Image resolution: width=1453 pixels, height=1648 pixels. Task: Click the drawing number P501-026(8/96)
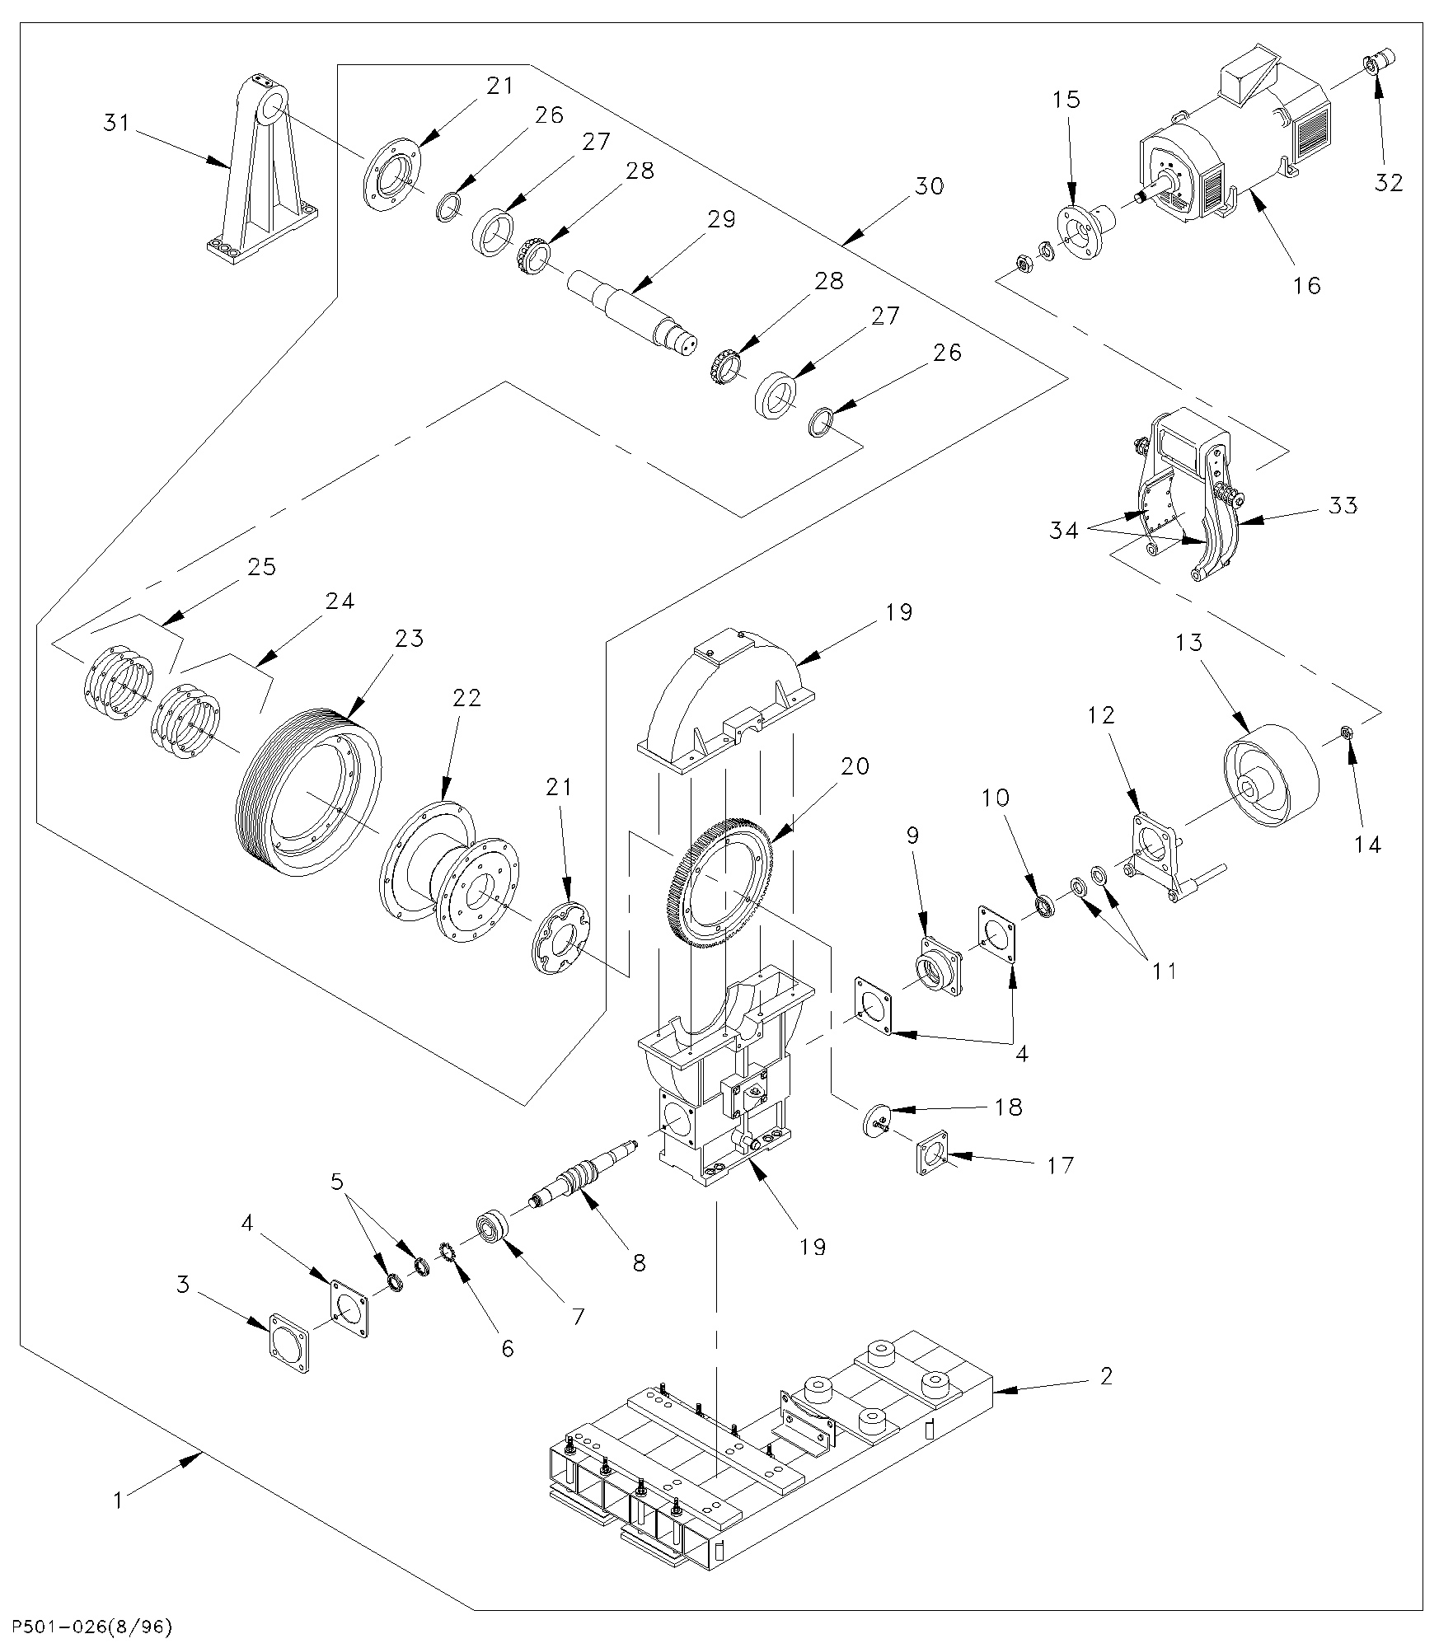coord(87,1627)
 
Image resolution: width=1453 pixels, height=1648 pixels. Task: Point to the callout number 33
coord(1343,505)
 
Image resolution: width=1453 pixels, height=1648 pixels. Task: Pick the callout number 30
coord(929,187)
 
